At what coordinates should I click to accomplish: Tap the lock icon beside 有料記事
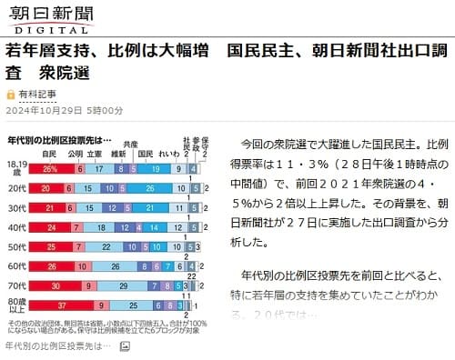pos(10,94)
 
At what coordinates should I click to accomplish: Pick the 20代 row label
pos(17,188)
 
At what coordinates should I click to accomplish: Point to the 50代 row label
pos(17,246)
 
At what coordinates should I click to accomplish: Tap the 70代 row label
pos(17,285)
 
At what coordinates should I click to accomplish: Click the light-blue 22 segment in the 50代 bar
pos(106,246)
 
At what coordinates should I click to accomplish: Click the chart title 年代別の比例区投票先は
pos(55,140)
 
